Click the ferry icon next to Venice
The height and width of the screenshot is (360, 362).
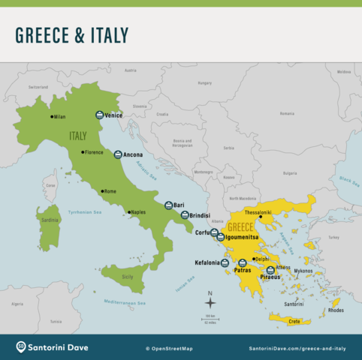point(99,115)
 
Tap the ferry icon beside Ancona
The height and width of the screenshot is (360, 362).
point(118,154)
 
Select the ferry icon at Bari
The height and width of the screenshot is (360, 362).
point(169,205)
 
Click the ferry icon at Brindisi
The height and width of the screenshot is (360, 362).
point(185,215)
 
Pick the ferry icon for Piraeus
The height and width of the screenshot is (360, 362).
point(270,270)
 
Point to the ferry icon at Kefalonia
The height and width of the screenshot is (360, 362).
point(225,262)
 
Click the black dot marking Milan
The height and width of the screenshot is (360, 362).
point(51,116)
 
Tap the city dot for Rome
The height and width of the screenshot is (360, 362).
point(103,191)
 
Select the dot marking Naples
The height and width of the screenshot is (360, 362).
point(129,212)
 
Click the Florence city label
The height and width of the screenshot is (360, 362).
point(94,152)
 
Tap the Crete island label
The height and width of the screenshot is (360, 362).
point(294,321)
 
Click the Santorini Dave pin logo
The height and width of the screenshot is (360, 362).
point(22,347)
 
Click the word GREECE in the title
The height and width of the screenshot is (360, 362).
point(43,35)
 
